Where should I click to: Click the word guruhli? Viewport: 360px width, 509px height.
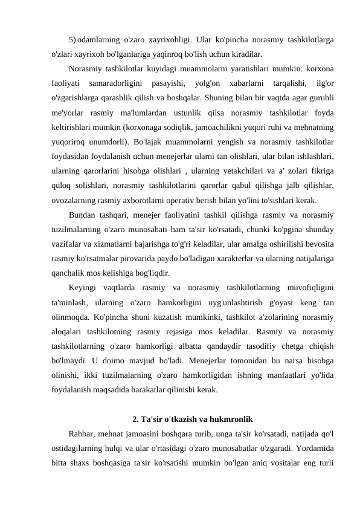322,96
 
